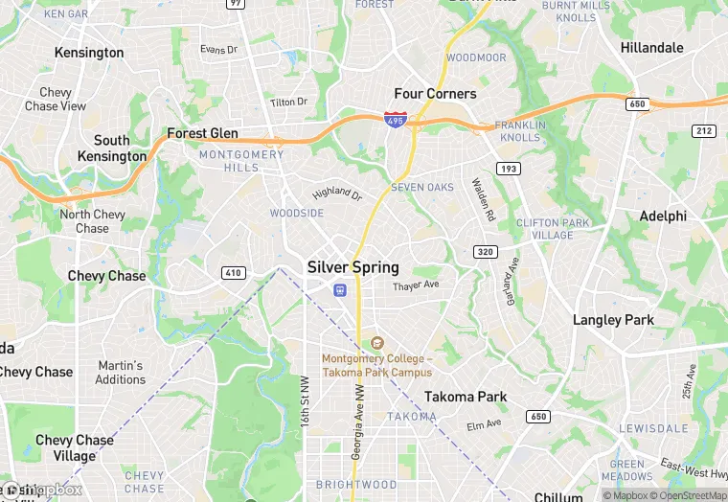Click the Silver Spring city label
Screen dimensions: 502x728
point(353,267)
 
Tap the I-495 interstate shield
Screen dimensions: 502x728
point(394,119)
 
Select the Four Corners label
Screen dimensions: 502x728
point(435,94)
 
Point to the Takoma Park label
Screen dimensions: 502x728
point(466,397)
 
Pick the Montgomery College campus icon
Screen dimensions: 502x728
point(376,343)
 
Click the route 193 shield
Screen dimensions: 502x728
point(508,169)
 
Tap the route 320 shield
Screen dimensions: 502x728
point(485,252)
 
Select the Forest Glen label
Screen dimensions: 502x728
point(202,133)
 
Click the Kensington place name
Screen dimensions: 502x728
point(89,53)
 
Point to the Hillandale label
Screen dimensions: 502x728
point(651,48)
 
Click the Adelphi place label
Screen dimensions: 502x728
point(663,217)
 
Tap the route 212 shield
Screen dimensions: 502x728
point(705,131)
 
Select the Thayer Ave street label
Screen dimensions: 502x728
point(416,285)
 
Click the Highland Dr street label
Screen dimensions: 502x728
point(337,194)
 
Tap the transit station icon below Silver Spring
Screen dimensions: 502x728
point(339,289)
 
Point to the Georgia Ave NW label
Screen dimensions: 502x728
point(356,422)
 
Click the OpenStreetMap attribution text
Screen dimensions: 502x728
point(682,495)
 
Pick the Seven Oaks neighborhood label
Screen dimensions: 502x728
point(422,187)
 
